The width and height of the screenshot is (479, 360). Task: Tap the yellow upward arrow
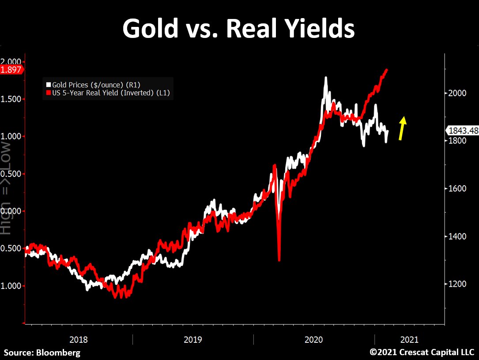click(x=402, y=128)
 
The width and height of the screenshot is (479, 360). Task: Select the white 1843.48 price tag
click(x=463, y=131)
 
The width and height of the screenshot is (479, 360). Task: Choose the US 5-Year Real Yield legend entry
click(x=108, y=93)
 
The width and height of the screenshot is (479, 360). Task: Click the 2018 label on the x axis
click(x=79, y=340)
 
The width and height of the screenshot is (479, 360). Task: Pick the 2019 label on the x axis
click(x=192, y=340)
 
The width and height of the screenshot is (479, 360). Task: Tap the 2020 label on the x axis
click(x=314, y=340)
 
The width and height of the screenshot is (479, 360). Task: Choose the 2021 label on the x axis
click(x=409, y=340)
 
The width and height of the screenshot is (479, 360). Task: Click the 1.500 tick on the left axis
click(x=12, y=99)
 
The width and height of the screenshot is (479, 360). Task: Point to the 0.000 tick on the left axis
click(x=12, y=211)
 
